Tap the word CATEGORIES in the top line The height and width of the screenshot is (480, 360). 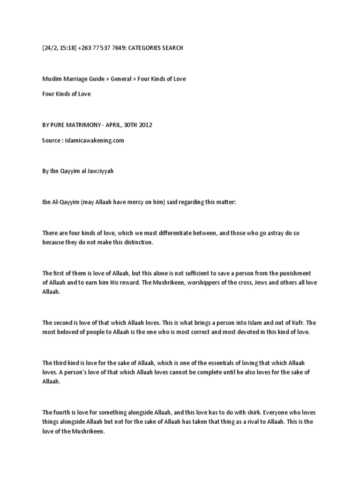139,48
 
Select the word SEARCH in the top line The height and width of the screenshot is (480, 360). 171,48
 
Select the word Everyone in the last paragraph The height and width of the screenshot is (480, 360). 281,412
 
